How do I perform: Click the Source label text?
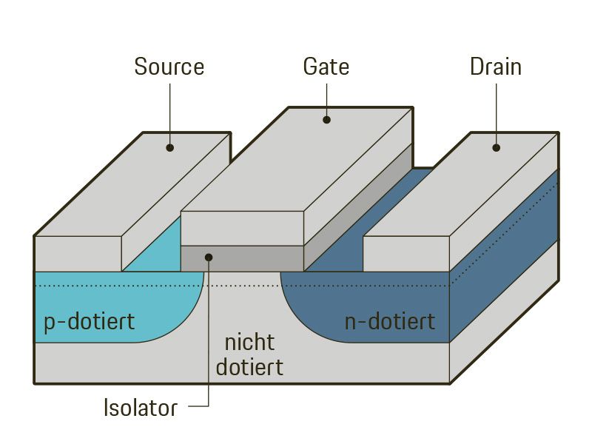(169, 67)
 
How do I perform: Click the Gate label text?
(326, 67)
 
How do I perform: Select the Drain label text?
(496, 67)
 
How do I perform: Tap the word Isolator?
(141, 408)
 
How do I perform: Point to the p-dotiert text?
(89, 323)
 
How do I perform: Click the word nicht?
(249, 343)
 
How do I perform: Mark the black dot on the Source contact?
(169, 147)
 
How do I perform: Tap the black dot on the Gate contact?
(326, 118)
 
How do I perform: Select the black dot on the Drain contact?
(497, 147)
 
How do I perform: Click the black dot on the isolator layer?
(209, 258)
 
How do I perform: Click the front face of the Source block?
(78, 254)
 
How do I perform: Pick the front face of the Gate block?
(242, 228)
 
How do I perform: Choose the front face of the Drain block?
(406, 254)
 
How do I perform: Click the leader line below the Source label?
(169, 111)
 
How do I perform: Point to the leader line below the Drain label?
(497, 111)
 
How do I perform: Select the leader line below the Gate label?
(326, 96)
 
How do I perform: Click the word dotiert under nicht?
(249, 366)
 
